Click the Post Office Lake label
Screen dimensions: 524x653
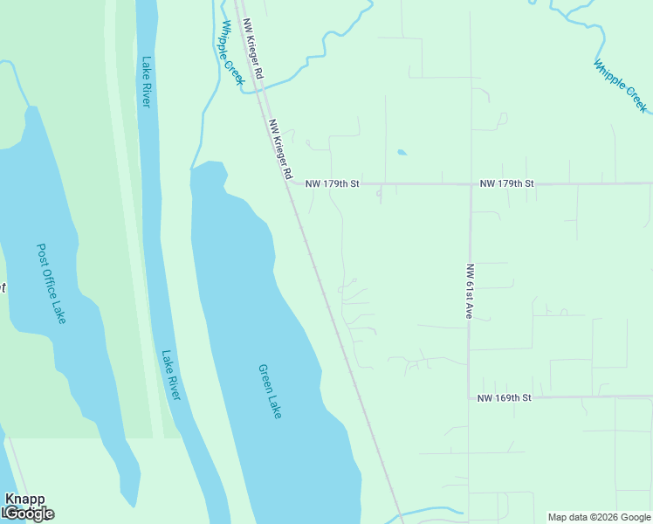coord(52,283)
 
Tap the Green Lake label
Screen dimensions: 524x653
coord(270,390)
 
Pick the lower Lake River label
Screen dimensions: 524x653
coord(170,376)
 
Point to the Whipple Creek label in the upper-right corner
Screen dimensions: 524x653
coord(620,86)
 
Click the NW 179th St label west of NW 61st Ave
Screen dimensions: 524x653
coord(333,184)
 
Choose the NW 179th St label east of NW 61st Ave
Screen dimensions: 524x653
coord(506,184)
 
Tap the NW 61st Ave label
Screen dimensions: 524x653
coord(469,291)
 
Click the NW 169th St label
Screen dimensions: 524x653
coord(505,397)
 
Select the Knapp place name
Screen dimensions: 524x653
coord(24,499)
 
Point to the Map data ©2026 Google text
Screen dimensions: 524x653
coord(599,517)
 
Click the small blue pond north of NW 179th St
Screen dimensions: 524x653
coord(402,153)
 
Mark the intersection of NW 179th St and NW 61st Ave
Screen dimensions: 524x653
coord(471,184)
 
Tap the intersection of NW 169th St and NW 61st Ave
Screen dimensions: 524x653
coord(469,397)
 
